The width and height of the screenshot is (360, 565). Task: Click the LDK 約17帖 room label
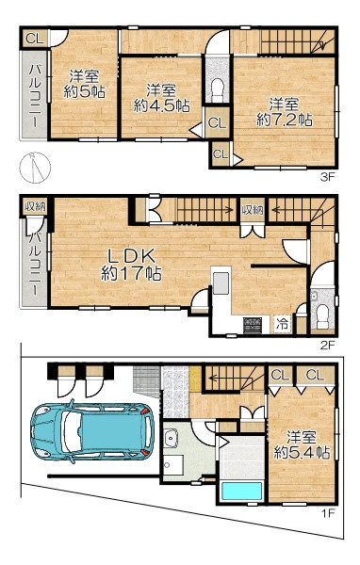click(131, 265)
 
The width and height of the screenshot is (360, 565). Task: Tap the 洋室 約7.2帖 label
click(285, 112)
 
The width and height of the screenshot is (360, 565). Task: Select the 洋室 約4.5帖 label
click(161, 98)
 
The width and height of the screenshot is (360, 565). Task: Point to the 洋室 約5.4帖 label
click(302, 445)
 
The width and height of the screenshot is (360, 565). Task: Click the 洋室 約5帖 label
click(85, 84)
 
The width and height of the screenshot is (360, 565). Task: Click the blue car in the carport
click(92, 431)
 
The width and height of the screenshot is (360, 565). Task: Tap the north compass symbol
click(35, 168)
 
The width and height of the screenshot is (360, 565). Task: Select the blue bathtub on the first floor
click(241, 491)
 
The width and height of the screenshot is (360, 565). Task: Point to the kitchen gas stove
click(253, 325)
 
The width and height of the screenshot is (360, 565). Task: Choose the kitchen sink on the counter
click(221, 283)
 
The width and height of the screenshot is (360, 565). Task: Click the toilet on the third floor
click(218, 90)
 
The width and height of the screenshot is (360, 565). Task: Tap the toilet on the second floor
click(322, 316)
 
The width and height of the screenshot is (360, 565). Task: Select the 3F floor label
click(328, 177)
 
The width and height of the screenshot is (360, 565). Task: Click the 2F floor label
click(328, 346)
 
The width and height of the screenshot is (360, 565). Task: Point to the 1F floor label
click(328, 513)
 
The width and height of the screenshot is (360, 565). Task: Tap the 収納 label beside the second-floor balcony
click(35, 207)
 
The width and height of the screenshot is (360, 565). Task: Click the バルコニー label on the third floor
click(35, 95)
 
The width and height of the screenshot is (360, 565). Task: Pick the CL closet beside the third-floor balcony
click(35, 39)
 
